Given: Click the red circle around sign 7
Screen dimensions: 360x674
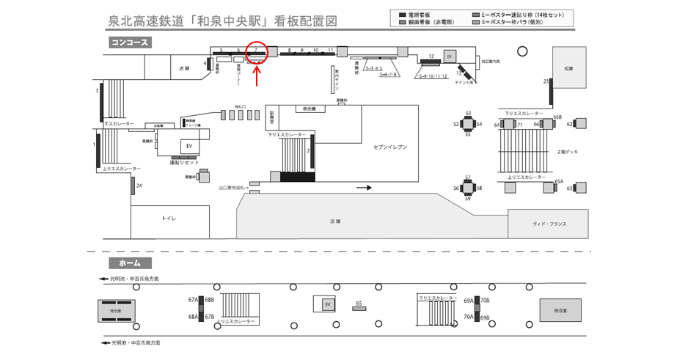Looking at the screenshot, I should (257, 53).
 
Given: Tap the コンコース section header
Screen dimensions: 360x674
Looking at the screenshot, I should (130, 43).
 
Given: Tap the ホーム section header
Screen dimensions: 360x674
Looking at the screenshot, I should (130, 262).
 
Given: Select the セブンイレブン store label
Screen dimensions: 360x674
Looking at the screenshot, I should (389, 147).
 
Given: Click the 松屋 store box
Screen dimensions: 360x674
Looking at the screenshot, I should (568, 68).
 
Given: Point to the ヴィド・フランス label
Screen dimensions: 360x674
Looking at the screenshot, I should (549, 224).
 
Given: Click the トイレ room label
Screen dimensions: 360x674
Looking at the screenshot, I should (169, 218).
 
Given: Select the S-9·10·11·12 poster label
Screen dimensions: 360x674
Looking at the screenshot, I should (433, 76).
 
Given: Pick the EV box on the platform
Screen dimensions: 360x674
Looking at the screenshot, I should (328, 304).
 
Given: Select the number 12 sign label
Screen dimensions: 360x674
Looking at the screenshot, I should (432, 56).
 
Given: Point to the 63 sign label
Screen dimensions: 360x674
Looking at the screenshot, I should (569, 188).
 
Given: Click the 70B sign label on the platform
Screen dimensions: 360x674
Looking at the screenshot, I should (485, 301).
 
